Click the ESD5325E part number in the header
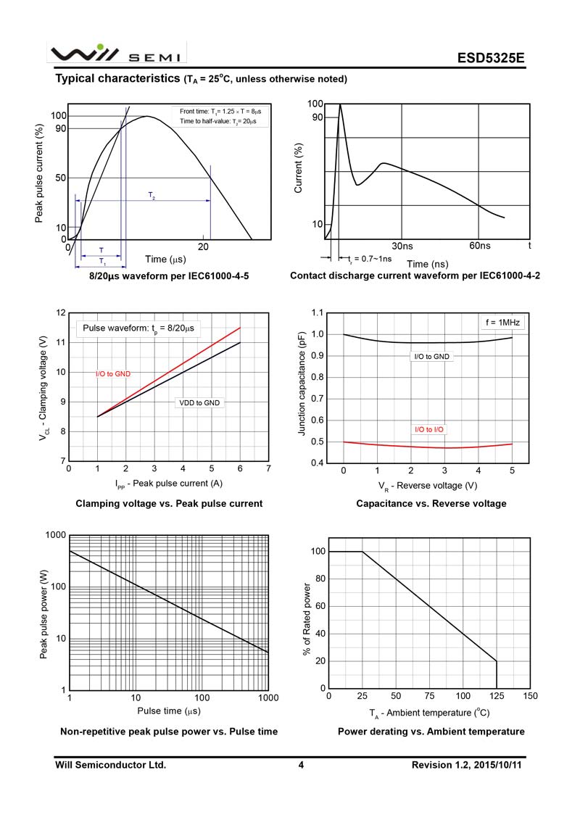pos(490,58)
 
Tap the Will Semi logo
pos(117,54)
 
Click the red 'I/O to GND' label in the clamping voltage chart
pos(113,374)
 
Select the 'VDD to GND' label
pos(199,402)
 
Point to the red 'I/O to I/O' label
pos(430,430)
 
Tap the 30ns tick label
pos(402,247)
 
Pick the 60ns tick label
pos(480,247)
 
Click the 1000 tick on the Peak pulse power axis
pos(57,535)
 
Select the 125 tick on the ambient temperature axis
pos(497,696)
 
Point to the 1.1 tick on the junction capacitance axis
pos(316,313)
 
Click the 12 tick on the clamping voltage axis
pos(62,313)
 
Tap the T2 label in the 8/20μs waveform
pos(152,196)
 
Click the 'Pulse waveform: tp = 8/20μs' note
pos(138,328)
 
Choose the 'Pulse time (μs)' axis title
pos(169,711)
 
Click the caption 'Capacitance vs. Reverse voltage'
pos(431,503)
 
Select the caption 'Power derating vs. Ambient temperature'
pos(431,732)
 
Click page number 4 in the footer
pos(301,765)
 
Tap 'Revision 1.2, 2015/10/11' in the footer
pos(466,765)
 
